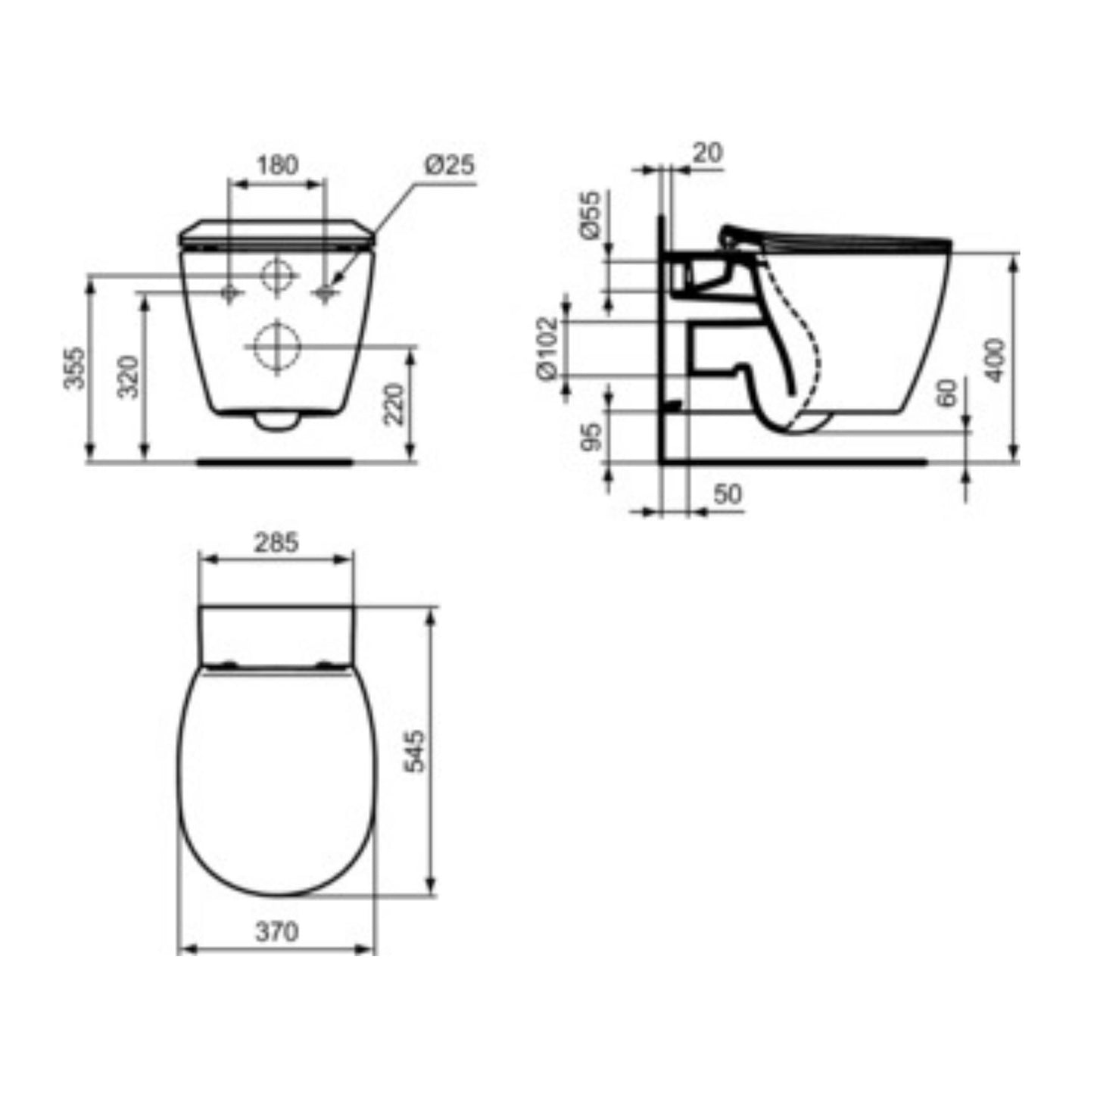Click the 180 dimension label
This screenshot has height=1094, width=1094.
coord(278,165)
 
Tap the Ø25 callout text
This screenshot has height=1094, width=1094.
coord(448,165)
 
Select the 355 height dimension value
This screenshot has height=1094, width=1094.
coord(73,368)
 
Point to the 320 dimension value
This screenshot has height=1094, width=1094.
coord(128,376)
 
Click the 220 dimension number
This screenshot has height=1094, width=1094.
coord(394,404)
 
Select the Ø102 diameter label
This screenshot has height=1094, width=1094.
coord(547,348)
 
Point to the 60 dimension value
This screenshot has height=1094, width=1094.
coord(946,393)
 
